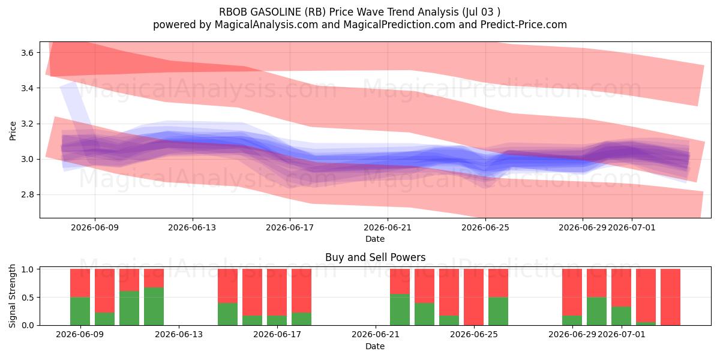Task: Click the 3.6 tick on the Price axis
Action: point(28,53)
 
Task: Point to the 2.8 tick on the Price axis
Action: point(28,195)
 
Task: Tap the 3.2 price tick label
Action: point(28,124)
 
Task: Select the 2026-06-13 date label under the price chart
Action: point(192,227)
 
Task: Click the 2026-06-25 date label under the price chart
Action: point(485,227)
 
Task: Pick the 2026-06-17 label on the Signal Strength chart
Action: point(277,334)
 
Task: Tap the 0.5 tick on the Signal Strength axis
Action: point(28,298)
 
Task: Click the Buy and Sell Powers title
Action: point(376,257)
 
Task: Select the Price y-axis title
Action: point(13,131)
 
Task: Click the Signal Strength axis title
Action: point(12,296)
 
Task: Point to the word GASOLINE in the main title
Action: point(276,12)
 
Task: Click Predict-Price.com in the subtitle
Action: point(524,25)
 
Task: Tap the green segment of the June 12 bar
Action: point(154,307)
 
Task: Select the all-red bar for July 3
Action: point(671,297)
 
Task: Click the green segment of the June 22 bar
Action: point(400,310)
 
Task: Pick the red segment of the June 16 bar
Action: point(253,292)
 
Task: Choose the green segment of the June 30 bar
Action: point(596,311)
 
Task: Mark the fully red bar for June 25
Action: point(474,297)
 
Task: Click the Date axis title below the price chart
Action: point(375,239)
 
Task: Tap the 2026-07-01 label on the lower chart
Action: point(621,334)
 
